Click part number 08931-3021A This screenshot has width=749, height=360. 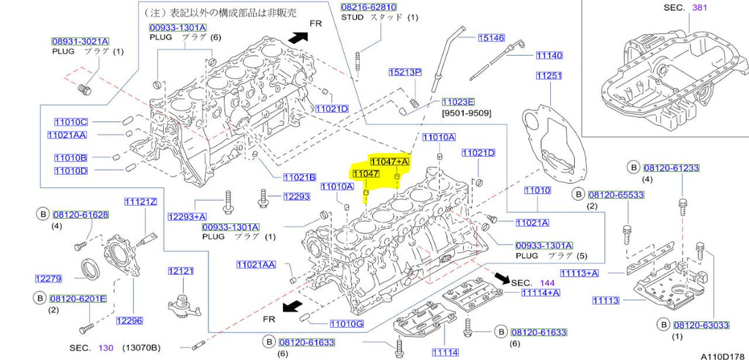click(80, 42)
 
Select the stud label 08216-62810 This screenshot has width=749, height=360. click(369, 7)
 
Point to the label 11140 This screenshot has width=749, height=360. click(549, 55)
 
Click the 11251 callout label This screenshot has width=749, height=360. click(549, 75)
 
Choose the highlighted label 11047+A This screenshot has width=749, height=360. click(389, 161)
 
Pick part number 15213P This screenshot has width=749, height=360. click(404, 72)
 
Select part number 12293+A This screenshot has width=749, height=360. click(187, 217)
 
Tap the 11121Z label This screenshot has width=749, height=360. click(140, 202)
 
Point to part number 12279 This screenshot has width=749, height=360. click(48, 278)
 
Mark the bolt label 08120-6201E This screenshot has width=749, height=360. click(78, 299)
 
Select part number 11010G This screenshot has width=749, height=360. click(346, 323)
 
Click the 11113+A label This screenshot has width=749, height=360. click(579, 273)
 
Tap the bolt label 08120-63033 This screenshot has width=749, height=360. click(701, 325)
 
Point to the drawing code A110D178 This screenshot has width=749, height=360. click(722, 354)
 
